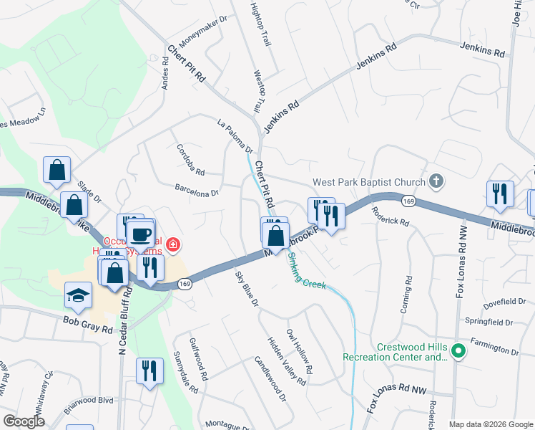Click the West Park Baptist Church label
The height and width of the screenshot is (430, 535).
point(368,183)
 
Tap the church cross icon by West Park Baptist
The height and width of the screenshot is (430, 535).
point(436,182)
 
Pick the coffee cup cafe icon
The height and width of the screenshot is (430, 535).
point(140,234)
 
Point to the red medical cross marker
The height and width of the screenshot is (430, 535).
point(172,246)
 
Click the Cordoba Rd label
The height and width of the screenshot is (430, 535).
point(190,161)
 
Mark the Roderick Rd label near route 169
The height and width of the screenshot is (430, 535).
point(391,217)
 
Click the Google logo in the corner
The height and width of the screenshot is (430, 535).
point(24,421)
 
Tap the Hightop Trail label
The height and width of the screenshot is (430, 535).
point(261,24)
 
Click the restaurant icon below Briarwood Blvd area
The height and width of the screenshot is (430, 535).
point(149,371)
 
